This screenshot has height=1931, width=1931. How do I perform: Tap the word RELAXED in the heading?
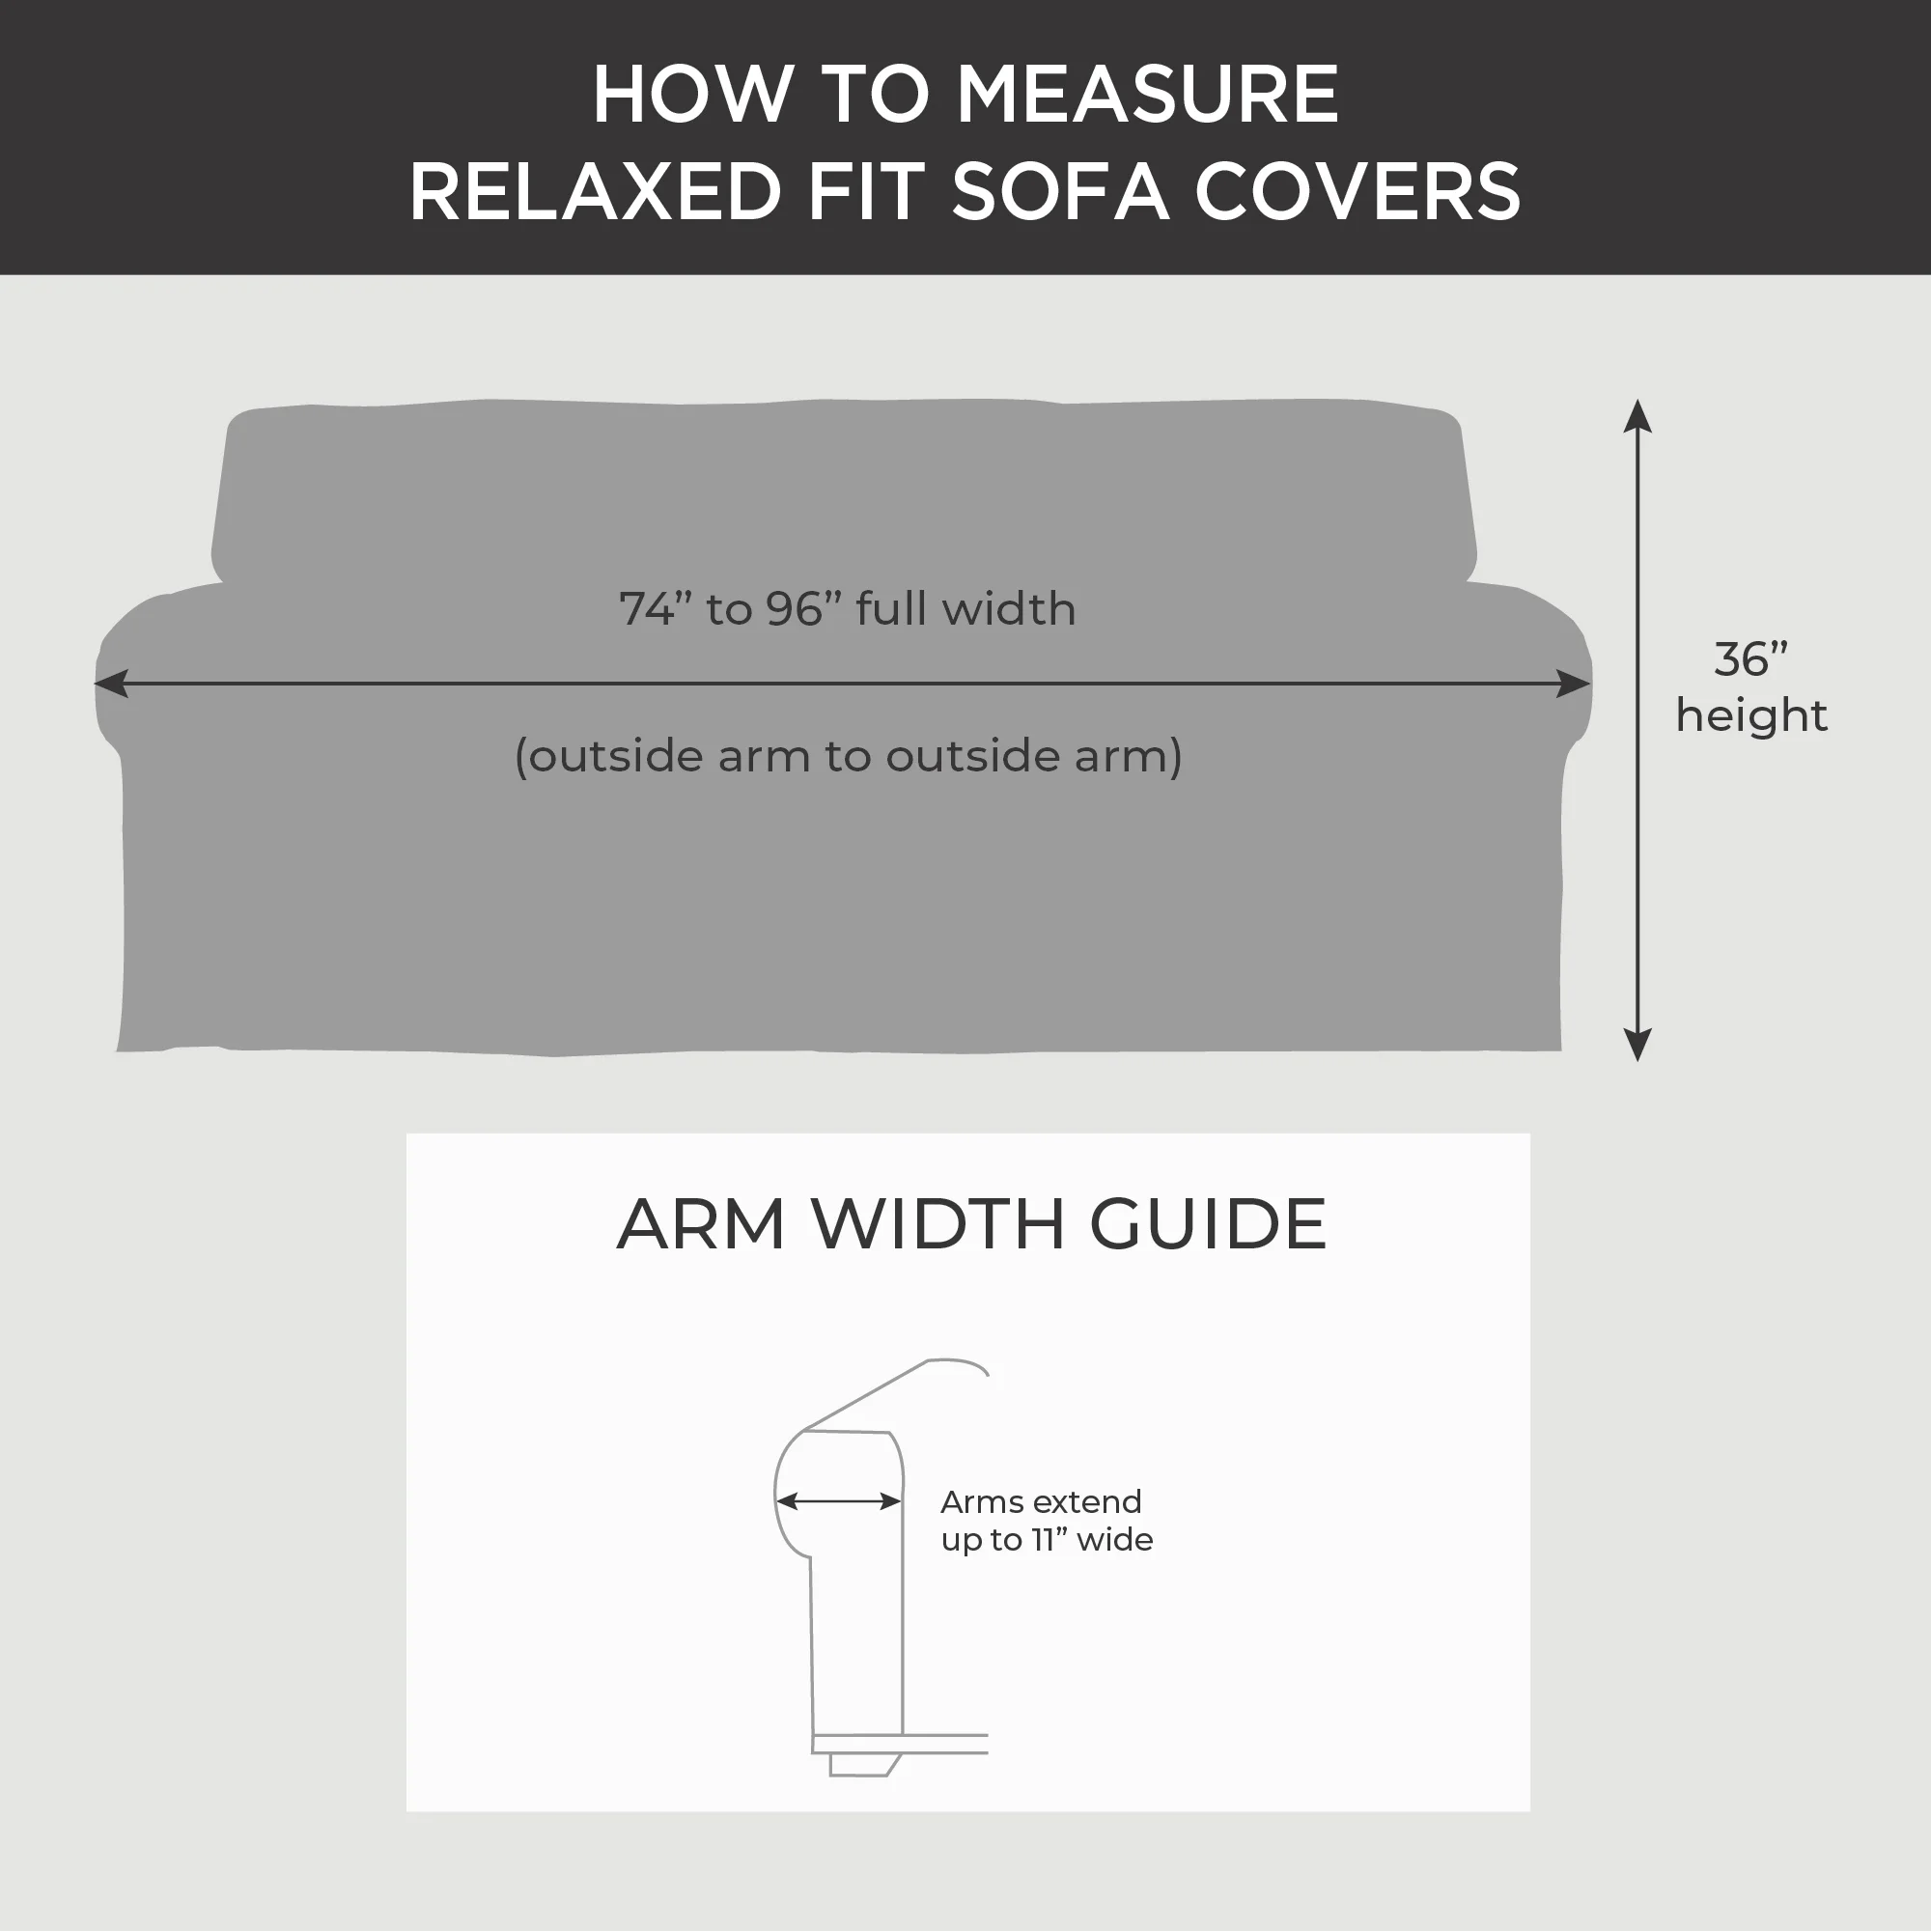[x=596, y=192]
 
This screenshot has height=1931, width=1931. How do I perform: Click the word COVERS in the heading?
[x=1357, y=192]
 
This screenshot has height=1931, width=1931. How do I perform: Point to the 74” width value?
[x=656, y=608]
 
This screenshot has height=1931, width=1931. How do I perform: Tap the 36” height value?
[x=1750, y=659]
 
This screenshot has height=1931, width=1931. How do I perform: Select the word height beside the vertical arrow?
[x=1751, y=715]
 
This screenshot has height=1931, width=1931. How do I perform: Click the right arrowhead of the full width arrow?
[x=1574, y=684]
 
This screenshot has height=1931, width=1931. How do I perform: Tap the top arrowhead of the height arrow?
[x=1637, y=414]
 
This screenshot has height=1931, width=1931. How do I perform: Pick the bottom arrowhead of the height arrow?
[x=1637, y=1045]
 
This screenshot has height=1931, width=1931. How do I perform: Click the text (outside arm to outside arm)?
[x=848, y=756]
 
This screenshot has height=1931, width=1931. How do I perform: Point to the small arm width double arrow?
[x=839, y=1501]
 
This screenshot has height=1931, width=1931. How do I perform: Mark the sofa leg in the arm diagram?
[x=859, y=1765]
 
